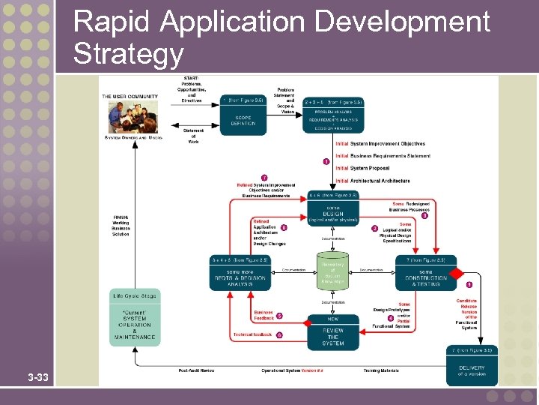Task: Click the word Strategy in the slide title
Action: (x=128, y=54)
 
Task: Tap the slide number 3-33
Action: (x=37, y=376)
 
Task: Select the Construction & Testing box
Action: (x=425, y=274)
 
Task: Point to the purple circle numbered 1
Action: (x=326, y=161)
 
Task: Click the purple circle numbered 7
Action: (x=264, y=178)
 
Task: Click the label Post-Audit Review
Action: (x=197, y=370)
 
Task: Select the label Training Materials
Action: (x=381, y=370)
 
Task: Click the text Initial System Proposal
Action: (x=362, y=168)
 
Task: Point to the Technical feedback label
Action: (x=252, y=334)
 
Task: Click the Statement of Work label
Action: (x=193, y=136)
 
